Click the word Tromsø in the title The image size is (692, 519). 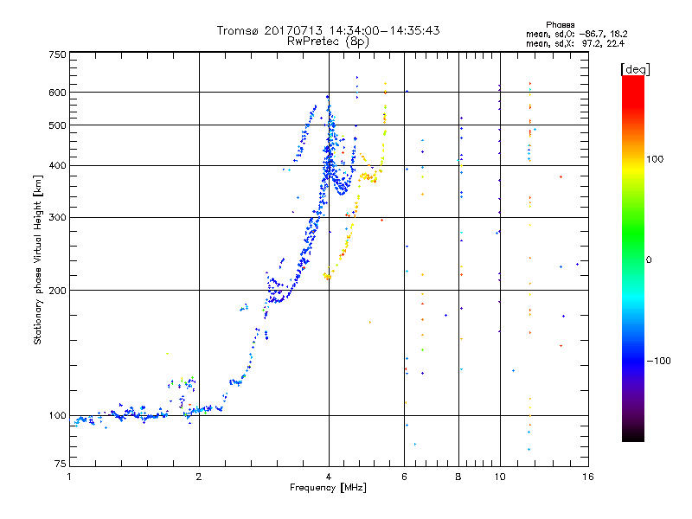tap(238, 30)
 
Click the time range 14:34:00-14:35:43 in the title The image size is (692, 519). tap(384, 30)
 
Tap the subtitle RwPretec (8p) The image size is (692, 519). tap(328, 42)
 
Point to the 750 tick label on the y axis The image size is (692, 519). tap(57, 54)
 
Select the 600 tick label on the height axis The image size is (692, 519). tap(57, 93)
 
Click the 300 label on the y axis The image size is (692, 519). tap(57, 217)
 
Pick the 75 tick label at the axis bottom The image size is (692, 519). tap(61, 464)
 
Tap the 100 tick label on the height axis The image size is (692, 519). tap(57, 415)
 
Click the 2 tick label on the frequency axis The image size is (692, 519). tap(199, 477)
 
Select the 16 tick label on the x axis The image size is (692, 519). tap(588, 477)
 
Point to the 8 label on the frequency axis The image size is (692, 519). tap(458, 477)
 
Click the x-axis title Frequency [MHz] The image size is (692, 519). tap(328, 488)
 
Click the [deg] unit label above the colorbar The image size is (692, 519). tap(635, 69)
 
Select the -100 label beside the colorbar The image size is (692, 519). tap(659, 361)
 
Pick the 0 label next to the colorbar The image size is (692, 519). tap(649, 259)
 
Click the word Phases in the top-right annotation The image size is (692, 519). tap(560, 25)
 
